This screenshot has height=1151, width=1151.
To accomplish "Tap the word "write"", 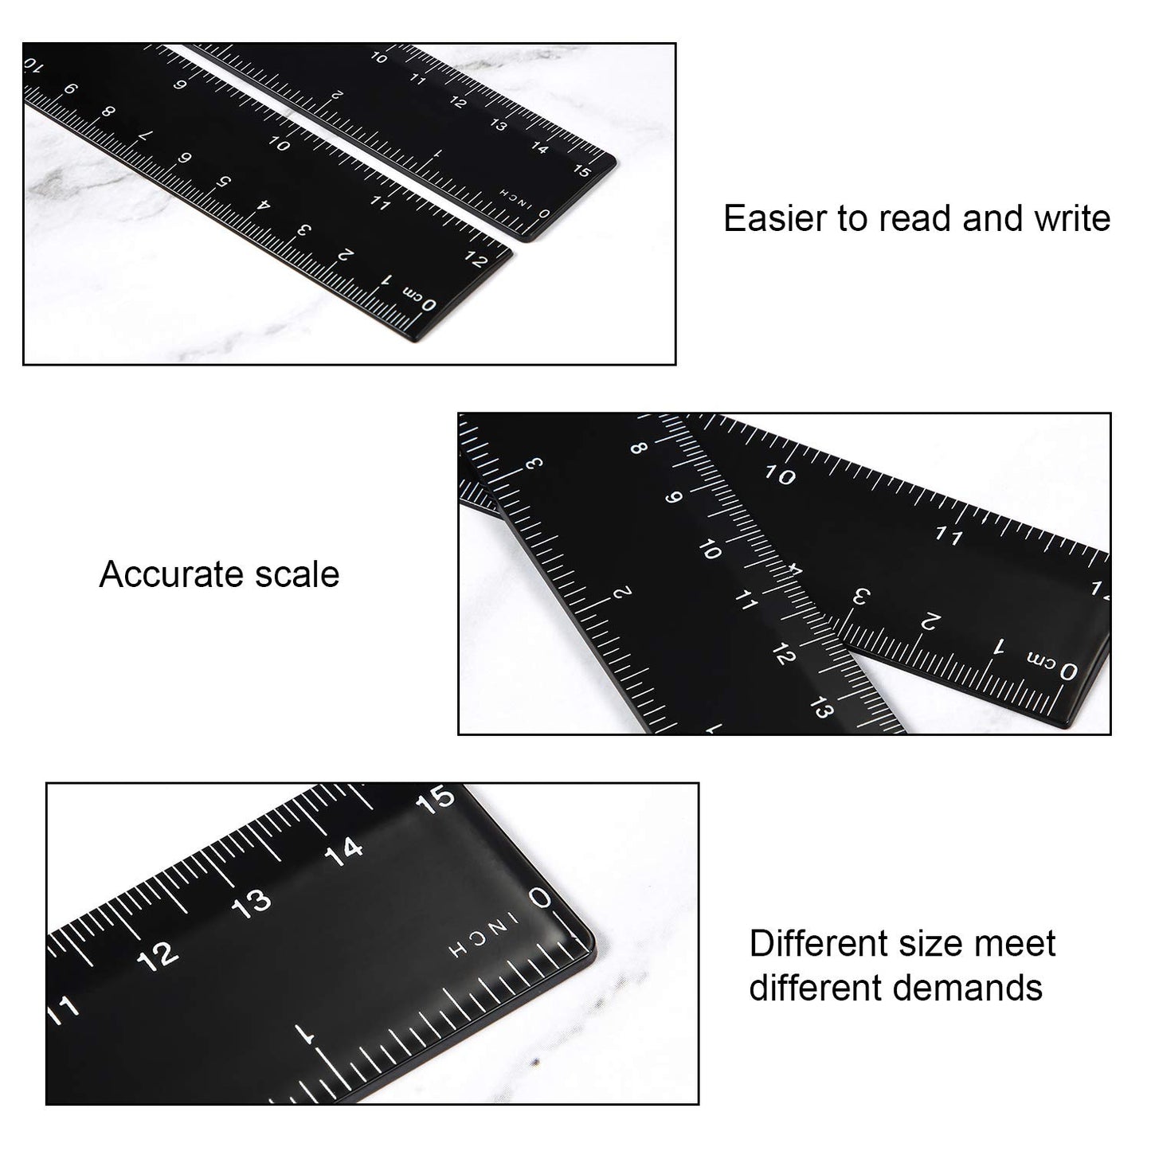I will [x=1072, y=218].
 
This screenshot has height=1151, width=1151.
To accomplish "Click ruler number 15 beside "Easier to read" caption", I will [x=582, y=170].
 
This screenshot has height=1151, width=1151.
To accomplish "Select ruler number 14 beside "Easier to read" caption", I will [x=540, y=147].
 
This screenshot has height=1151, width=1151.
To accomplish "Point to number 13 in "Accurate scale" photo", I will [x=820, y=707].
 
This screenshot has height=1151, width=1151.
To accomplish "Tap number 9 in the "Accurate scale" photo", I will [x=674, y=498].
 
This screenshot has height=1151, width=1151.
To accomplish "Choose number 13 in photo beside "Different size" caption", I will [x=252, y=904].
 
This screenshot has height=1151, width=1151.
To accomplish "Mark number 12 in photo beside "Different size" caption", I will [x=157, y=956].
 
